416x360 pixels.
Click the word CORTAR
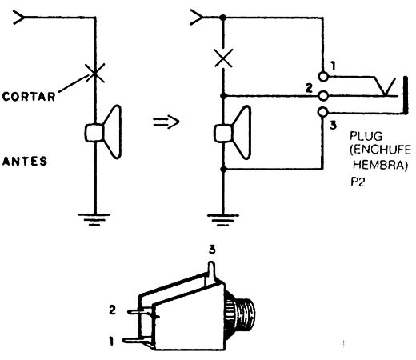tap(29, 96)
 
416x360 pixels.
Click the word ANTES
tap(25, 161)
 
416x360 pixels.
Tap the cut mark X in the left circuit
tap(94, 73)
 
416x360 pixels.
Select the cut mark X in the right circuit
tap(223, 58)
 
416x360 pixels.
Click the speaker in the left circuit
tap(103, 132)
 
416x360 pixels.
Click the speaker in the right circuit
tap(233, 133)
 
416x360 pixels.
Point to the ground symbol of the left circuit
tap(94, 219)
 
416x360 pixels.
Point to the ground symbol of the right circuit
tap(223, 220)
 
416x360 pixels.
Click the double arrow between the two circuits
tap(166, 122)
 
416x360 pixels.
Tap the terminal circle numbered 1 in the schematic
tap(323, 77)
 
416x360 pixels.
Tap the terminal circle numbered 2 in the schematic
tap(323, 96)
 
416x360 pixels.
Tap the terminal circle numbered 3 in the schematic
tap(323, 112)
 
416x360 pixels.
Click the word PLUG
tap(366, 136)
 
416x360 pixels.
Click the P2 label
tap(358, 182)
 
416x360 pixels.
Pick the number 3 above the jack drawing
tap(212, 250)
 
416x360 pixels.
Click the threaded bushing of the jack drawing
tap(240, 314)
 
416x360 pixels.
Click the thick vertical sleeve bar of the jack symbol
tap(406, 95)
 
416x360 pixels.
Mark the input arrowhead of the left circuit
tap(18, 18)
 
